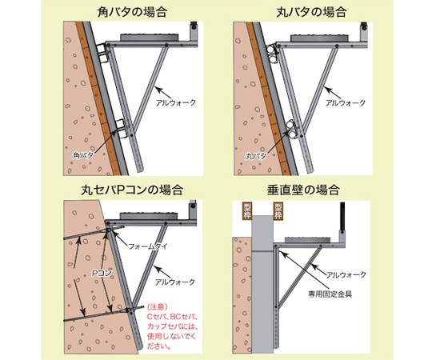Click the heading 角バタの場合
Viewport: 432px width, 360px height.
tap(132, 12)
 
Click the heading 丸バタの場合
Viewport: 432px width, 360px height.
tap(311, 12)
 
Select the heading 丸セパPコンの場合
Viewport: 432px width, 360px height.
tap(132, 190)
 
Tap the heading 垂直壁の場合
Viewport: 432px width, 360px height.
tap(302, 190)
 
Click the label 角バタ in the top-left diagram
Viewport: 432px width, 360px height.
tap(83, 155)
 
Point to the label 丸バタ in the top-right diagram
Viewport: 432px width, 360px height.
tap(256, 156)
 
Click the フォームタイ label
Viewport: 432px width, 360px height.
tap(148, 246)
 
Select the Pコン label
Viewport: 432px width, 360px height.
tap(102, 273)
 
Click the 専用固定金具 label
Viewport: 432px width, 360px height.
tap(330, 294)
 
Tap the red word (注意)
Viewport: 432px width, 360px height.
tap(158, 306)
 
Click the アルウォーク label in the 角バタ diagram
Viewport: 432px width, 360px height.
tap(176, 102)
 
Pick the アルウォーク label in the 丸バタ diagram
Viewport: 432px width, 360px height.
tap(346, 102)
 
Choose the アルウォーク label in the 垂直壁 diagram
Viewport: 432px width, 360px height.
tap(346, 274)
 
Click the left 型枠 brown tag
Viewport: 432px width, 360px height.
tap(247, 211)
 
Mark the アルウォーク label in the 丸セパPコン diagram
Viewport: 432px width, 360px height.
tap(175, 282)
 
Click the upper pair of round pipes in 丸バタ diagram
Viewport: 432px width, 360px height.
tap(272, 54)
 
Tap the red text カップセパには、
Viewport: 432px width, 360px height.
tap(173, 326)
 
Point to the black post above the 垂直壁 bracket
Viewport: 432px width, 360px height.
tap(342, 217)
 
